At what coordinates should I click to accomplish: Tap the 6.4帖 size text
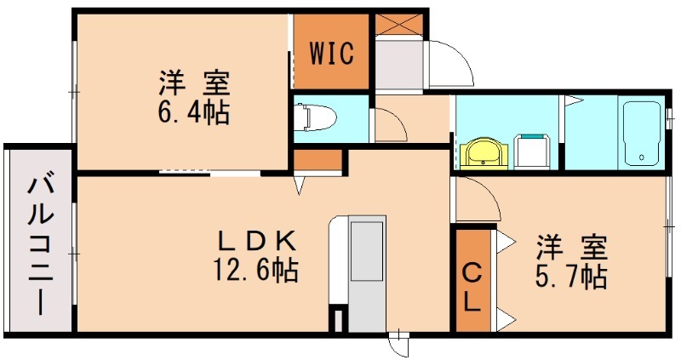click(x=193, y=112)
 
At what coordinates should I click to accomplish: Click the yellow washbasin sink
click(x=483, y=154)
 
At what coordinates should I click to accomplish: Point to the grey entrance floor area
click(x=397, y=65)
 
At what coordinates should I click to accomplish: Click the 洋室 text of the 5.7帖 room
click(x=571, y=248)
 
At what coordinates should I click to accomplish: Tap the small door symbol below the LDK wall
click(x=398, y=344)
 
